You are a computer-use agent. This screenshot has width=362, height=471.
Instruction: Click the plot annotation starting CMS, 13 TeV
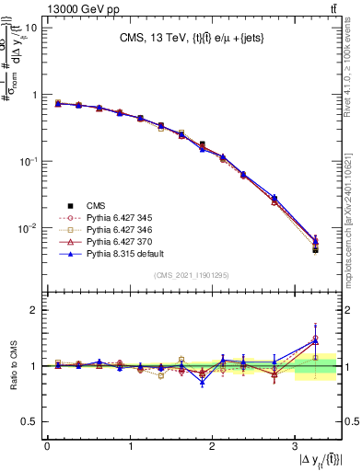click(193, 39)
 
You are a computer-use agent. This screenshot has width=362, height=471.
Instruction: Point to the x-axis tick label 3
click(294, 448)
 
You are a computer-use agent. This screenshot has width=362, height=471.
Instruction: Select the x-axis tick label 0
click(47, 448)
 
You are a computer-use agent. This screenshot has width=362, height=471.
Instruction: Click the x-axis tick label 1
click(129, 448)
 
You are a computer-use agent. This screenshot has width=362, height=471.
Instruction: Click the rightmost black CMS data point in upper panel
click(315, 249)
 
